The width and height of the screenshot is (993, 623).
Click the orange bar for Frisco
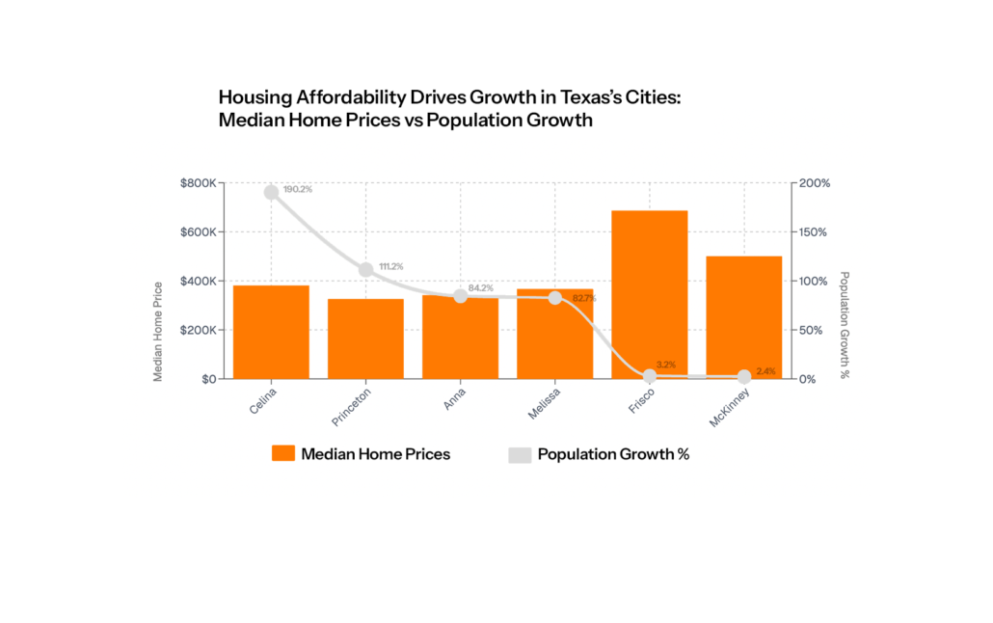(x=650, y=294)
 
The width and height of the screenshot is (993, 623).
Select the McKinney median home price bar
(x=744, y=317)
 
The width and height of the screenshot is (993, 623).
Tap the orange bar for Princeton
(x=366, y=339)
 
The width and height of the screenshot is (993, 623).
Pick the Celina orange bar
(x=272, y=332)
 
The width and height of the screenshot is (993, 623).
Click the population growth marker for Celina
(x=272, y=192)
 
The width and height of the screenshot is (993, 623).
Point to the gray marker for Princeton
(x=366, y=269)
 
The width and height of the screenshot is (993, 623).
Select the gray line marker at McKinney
(x=744, y=376)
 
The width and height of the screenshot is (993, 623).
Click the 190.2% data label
(x=298, y=189)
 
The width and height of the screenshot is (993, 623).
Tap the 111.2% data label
(x=390, y=266)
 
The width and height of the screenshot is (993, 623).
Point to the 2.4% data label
(x=765, y=371)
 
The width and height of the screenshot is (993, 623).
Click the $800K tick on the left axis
(x=197, y=183)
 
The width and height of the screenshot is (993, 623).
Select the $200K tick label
(x=197, y=330)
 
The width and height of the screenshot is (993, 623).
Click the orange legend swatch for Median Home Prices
(x=282, y=453)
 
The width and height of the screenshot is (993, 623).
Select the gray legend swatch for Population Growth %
(x=520, y=454)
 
